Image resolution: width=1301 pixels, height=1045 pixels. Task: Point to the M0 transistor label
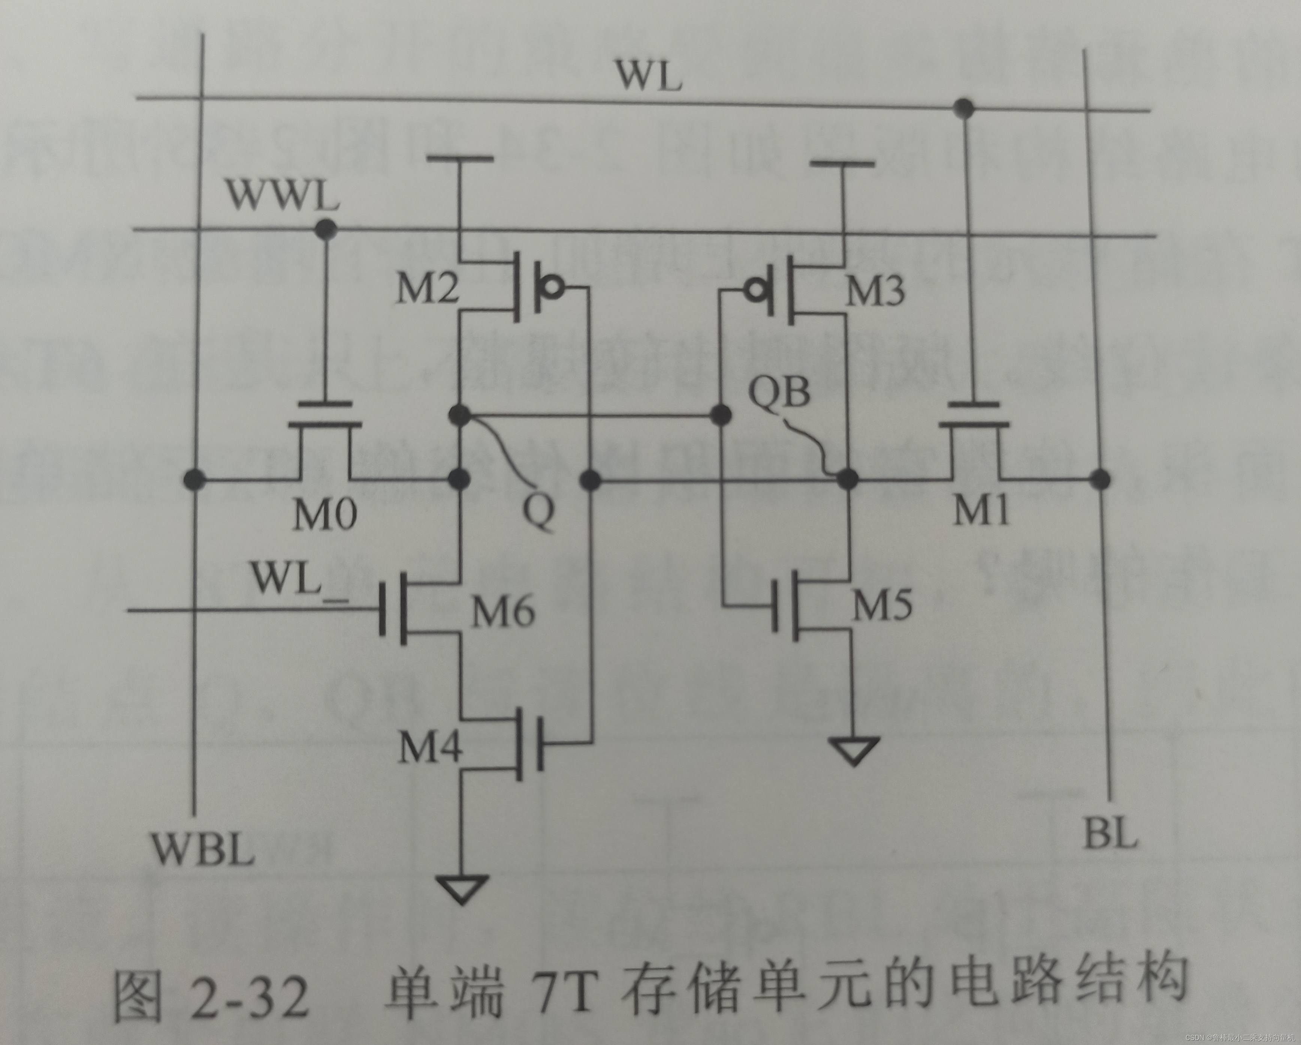(325, 514)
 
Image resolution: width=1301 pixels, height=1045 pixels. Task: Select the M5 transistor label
(882, 604)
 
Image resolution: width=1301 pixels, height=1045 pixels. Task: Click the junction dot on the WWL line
(326, 228)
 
